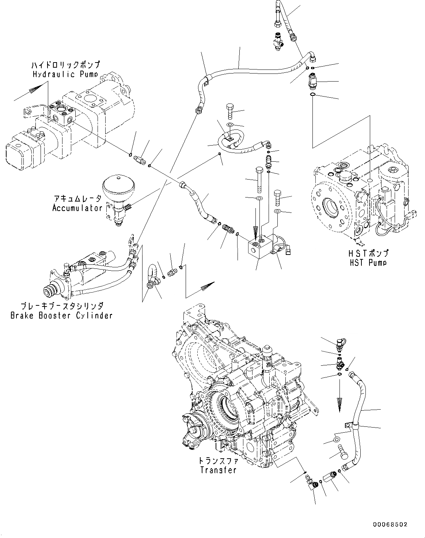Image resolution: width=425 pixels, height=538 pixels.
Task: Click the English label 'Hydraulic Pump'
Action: coord(65,74)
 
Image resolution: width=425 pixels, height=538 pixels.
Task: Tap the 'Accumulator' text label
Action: coord(77,208)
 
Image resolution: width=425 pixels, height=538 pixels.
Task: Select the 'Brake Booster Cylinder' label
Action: coord(61,315)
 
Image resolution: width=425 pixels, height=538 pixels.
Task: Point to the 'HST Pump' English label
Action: coord(368,262)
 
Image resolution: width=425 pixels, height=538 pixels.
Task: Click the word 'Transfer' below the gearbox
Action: coord(218,470)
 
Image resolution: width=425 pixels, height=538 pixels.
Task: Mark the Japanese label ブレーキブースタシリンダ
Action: coord(61,305)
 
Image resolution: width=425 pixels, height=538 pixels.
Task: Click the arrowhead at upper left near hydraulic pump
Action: coord(35,89)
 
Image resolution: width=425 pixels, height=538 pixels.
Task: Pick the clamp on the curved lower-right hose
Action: coord(351,425)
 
